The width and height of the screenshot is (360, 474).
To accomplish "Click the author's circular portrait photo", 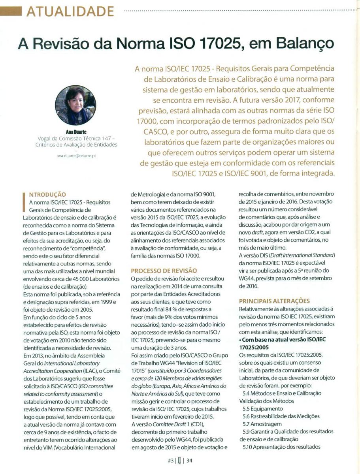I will coord(75,105).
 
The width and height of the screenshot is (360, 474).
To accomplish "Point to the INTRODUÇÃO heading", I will coord(48,194).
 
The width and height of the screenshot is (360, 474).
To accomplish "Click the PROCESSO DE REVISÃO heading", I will coord(164,271).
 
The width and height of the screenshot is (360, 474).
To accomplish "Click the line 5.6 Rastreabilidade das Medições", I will coord(281,416).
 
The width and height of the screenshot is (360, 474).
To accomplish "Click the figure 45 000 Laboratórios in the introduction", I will coord(98,279).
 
